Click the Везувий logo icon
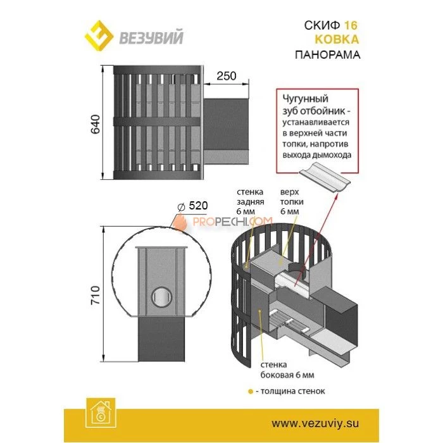[99, 36]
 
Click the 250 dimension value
[225, 76]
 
